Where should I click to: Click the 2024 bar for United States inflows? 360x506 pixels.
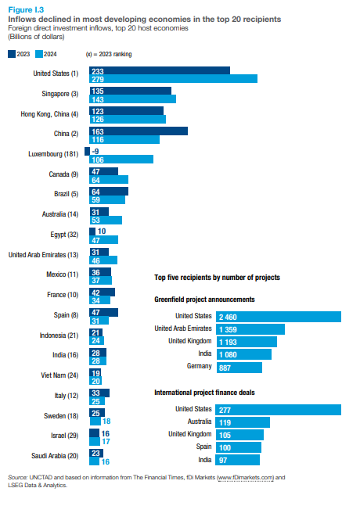174,79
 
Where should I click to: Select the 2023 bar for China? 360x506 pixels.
139,131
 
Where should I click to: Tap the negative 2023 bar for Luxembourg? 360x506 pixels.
87,152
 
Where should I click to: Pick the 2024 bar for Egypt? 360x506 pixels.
103,240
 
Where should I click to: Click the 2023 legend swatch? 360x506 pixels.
12,54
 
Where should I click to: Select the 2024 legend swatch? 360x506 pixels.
39,54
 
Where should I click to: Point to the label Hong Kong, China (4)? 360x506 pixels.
49,114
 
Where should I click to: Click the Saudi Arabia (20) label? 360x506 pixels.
55,456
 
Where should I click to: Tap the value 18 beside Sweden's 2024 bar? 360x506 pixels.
106,421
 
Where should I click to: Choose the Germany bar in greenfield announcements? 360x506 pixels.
239,368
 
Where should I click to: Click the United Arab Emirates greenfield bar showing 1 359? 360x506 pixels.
250,329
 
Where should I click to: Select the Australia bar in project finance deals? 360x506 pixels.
243,422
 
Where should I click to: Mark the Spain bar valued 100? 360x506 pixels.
238,447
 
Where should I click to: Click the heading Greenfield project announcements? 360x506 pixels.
204,300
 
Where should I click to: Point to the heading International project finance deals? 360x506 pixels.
204,393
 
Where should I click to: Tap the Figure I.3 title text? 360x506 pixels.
26,9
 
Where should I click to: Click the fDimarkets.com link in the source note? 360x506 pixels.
246,477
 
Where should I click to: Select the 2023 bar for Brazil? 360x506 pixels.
109,192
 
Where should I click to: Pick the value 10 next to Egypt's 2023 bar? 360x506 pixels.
102,231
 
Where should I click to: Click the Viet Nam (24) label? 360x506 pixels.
59,375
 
